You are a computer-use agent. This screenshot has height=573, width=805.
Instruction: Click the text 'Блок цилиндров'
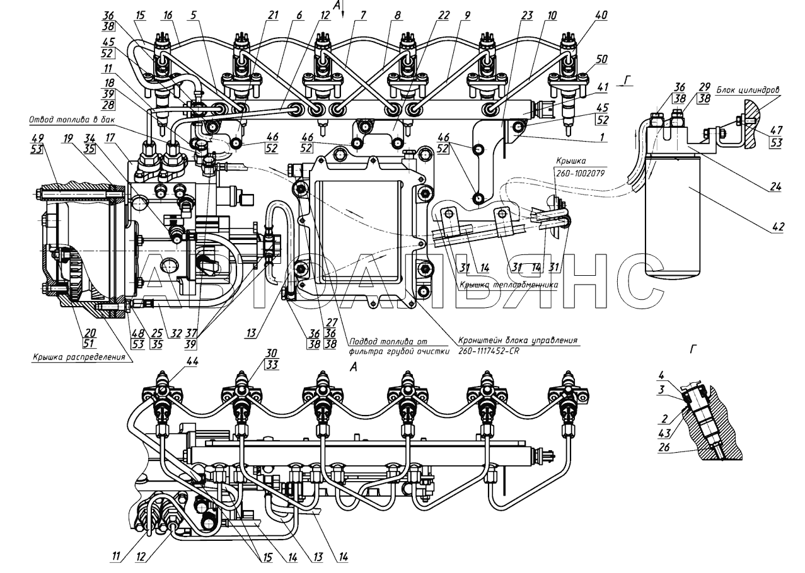(753, 90)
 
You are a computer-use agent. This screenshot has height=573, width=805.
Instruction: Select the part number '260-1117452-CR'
(485, 351)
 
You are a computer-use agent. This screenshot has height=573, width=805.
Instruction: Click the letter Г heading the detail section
(695, 348)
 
